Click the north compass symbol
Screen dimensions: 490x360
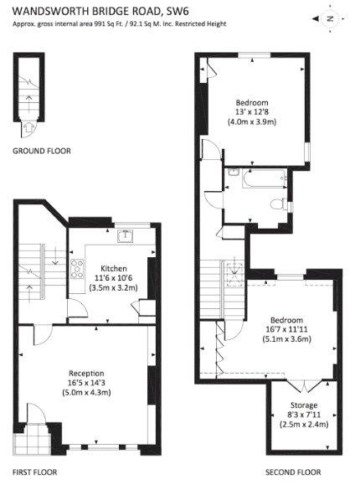coord(330,18)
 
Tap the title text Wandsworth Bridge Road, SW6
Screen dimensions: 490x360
coord(94,12)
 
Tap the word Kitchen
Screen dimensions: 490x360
coord(113,257)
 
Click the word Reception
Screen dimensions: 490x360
coord(85,374)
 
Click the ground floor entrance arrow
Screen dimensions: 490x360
coord(31,127)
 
